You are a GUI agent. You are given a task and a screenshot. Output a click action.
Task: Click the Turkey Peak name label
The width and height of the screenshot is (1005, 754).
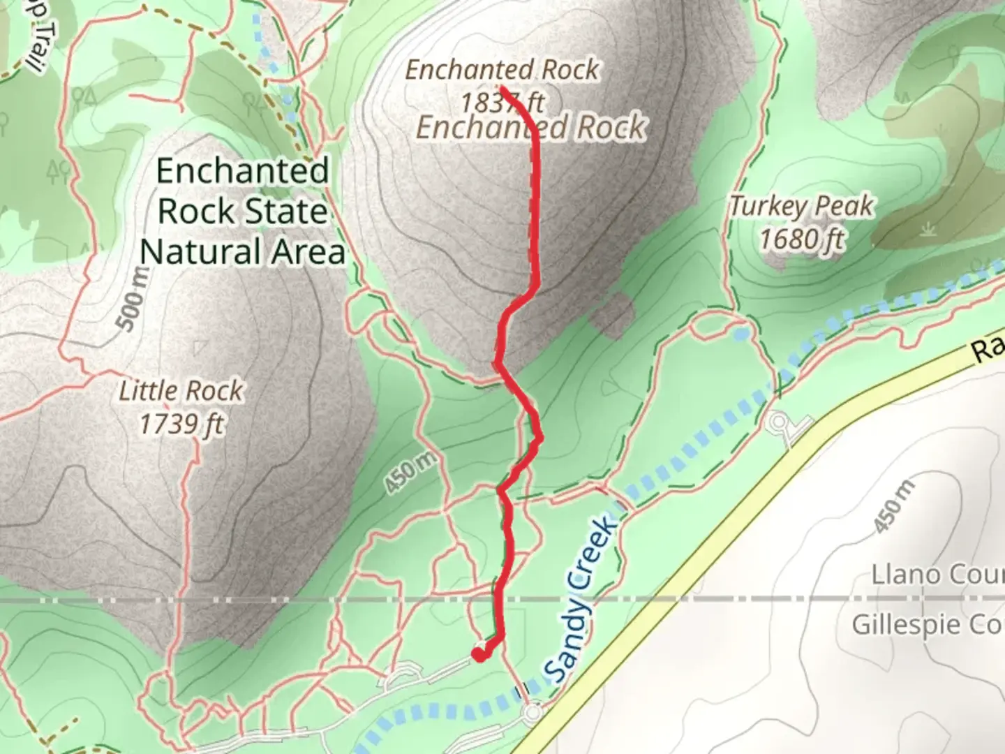coord(801,206)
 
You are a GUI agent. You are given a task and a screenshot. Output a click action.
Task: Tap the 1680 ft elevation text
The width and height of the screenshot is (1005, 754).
coord(801,239)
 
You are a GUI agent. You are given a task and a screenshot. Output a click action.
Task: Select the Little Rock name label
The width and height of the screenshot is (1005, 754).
coord(181,390)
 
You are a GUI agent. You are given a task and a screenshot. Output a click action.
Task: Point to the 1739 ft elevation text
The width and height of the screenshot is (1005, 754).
coord(181,423)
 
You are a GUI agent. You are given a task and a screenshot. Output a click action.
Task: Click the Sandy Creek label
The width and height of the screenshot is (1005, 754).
coord(581,600)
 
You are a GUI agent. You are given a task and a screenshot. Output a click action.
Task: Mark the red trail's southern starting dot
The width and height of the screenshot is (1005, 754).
coord(479,654)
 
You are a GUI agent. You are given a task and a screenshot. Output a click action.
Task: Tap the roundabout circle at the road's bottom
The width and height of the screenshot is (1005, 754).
coord(533,713)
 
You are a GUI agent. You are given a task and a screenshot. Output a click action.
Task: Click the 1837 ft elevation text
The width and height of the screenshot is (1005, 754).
coord(501,103)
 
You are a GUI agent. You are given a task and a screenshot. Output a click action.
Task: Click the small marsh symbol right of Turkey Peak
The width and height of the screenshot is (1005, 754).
coord(928,230)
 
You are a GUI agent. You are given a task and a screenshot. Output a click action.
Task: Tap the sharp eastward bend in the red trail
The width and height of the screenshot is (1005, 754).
coord(539,438)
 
